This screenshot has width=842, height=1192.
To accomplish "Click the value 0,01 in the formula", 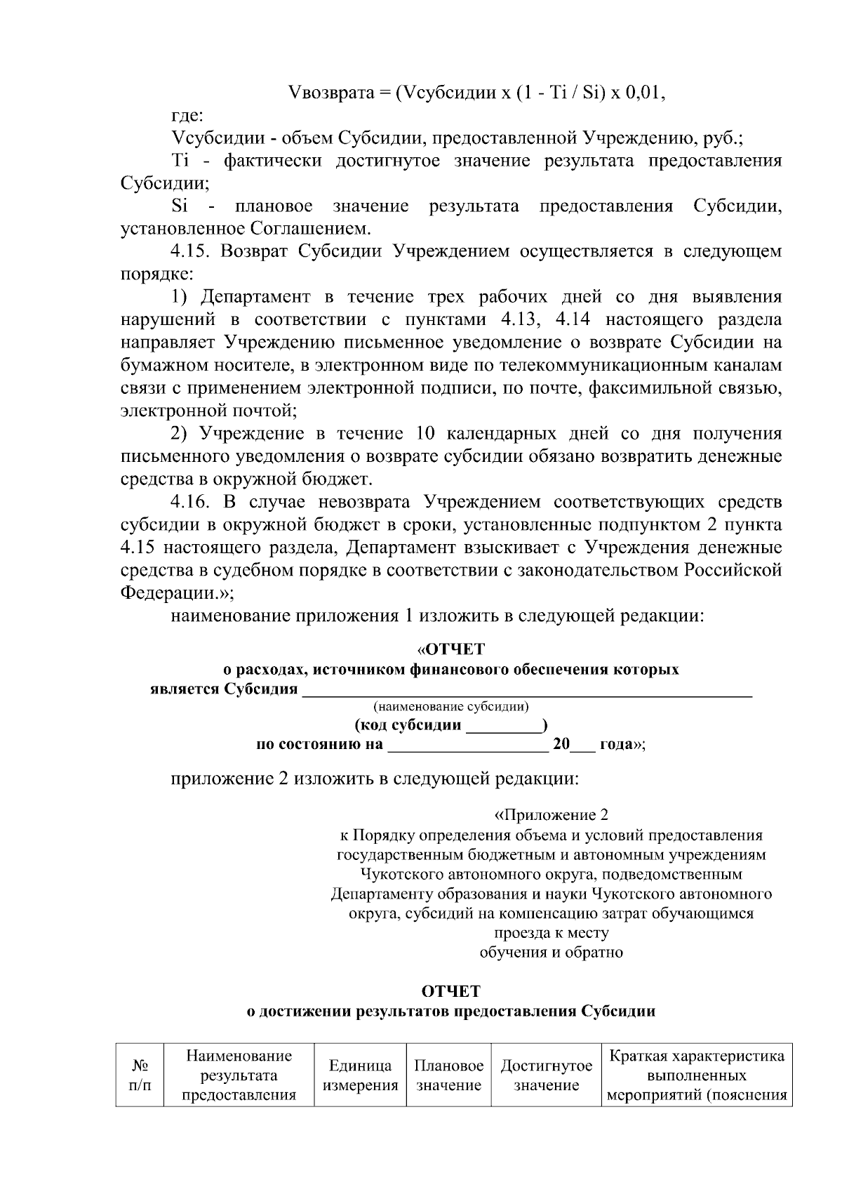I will (x=643, y=93).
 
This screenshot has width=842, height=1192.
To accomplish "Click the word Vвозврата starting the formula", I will (x=329, y=93).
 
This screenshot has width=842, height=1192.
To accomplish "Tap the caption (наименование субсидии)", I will (x=450, y=706).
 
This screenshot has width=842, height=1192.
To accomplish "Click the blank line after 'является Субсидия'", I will (x=526, y=691).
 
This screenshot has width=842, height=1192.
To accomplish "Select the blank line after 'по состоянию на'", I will (x=467, y=746).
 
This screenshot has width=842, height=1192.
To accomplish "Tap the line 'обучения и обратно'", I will (x=552, y=953).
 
